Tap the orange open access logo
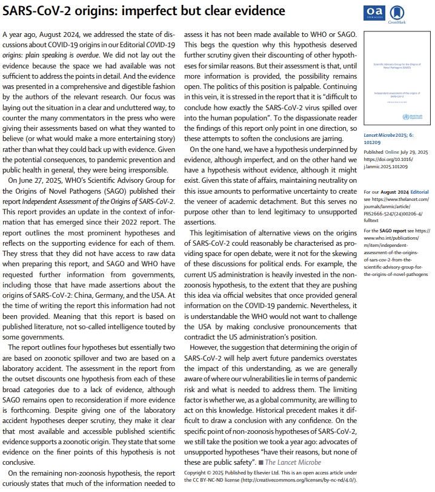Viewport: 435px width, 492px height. tap(374, 13)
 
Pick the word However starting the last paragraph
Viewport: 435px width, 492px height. tap(205, 349)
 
